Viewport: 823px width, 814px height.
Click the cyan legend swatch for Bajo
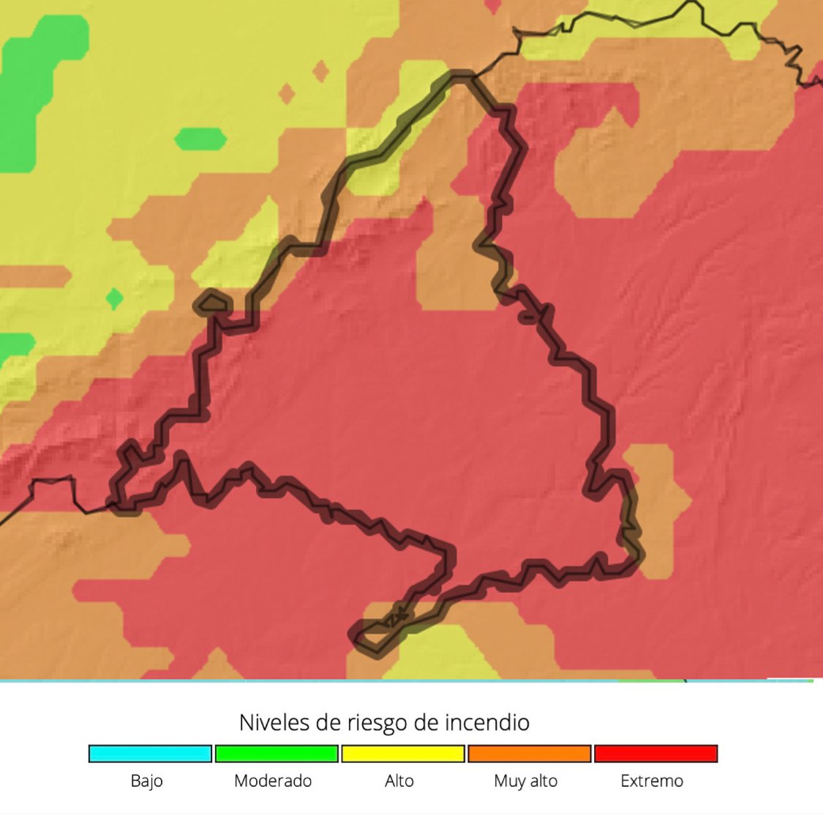(150, 753)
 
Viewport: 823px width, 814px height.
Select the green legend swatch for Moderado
(277, 753)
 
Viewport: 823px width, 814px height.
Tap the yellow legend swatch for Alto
(403, 753)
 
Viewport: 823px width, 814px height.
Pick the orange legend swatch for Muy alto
(529, 753)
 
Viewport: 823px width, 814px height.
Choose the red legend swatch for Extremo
(655, 753)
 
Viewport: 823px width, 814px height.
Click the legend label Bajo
(146, 781)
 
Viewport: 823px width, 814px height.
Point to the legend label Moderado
(273, 781)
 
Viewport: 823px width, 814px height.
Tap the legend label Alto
(399, 781)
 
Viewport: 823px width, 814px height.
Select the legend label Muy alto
(525, 781)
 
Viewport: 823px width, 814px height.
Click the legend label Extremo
(652, 781)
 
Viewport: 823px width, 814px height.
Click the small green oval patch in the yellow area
(200, 139)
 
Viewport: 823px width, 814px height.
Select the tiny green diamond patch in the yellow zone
(114, 299)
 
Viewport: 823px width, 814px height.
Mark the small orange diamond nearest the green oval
(287, 94)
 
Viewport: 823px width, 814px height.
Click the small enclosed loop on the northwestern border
(212, 302)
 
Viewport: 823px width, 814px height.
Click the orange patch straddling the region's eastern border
(655, 498)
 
